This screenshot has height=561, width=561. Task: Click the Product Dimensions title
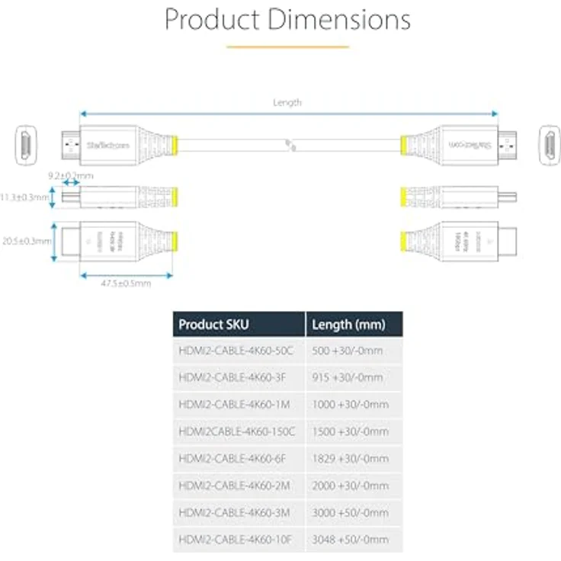point(287,20)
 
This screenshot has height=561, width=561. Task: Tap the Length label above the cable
point(287,102)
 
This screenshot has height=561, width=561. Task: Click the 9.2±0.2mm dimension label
point(70,175)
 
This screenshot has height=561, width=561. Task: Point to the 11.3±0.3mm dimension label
point(25,197)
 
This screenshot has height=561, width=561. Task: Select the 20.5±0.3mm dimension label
point(26,240)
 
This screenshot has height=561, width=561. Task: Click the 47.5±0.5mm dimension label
point(126,284)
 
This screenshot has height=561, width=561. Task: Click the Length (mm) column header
point(347,325)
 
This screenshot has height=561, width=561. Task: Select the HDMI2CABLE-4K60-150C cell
point(237,431)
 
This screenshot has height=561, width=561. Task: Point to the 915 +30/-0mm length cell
point(347,377)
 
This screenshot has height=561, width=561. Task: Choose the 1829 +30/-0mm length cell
point(350,458)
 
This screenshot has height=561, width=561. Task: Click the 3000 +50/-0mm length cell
point(351,512)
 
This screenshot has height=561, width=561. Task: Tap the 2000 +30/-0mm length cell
point(351,486)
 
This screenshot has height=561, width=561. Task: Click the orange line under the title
point(287,47)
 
